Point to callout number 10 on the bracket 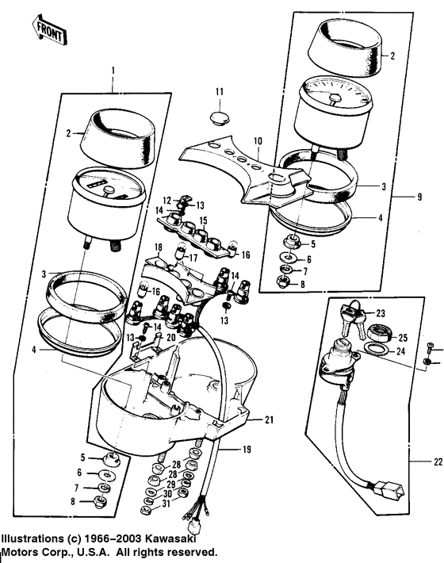tap(257, 141)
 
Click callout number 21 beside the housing tap(269, 419)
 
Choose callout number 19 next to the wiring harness tap(247, 450)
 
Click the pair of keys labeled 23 tap(347, 316)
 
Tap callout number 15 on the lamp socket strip tap(203, 220)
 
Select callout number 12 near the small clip tap(168, 199)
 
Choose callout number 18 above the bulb tap(157, 247)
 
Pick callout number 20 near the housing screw tap(169, 336)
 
